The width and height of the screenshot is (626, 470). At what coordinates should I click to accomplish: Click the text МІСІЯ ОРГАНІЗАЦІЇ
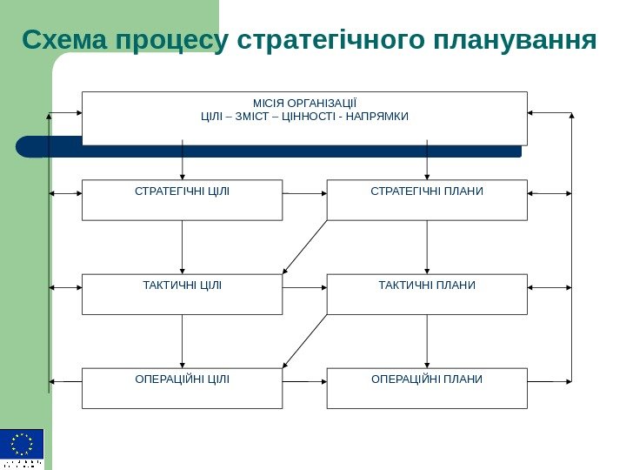(x=304, y=102)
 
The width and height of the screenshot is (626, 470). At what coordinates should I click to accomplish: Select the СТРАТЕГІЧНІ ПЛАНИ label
(x=427, y=191)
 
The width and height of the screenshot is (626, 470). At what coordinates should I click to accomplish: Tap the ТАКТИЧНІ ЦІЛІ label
(x=183, y=285)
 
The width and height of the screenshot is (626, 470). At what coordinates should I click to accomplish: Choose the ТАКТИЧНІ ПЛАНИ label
(x=427, y=285)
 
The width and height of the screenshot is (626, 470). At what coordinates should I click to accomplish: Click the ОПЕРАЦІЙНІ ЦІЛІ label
(x=183, y=379)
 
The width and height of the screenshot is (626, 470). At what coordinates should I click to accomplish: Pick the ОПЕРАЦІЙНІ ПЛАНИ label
(x=427, y=379)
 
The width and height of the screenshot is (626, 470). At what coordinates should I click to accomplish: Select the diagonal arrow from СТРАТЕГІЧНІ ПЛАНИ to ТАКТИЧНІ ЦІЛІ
(x=305, y=246)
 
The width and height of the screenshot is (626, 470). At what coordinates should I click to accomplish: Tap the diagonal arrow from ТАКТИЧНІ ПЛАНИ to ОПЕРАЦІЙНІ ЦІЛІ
(x=305, y=340)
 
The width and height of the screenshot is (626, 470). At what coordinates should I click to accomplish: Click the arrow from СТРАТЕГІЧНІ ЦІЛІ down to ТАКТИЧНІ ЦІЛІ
(x=183, y=247)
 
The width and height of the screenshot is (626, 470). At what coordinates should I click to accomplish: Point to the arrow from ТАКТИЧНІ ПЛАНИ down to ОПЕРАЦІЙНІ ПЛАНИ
(x=427, y=341)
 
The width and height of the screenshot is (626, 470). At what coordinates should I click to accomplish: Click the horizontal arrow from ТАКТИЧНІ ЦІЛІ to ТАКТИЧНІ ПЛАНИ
(x=304, y=285)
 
